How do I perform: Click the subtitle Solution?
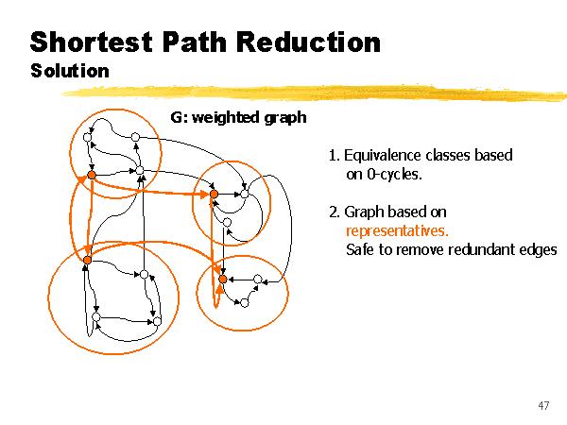click(69, 71)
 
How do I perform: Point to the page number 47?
click(542, 405)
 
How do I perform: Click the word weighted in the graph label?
click(232, 117)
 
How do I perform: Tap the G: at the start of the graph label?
click(180, 117)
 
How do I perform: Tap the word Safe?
click(360, 249)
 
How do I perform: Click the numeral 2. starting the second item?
click(333, 212)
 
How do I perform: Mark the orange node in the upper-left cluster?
click(92, 175)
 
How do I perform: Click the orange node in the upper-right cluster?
click(214, 194)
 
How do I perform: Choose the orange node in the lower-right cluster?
click(222, 279)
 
